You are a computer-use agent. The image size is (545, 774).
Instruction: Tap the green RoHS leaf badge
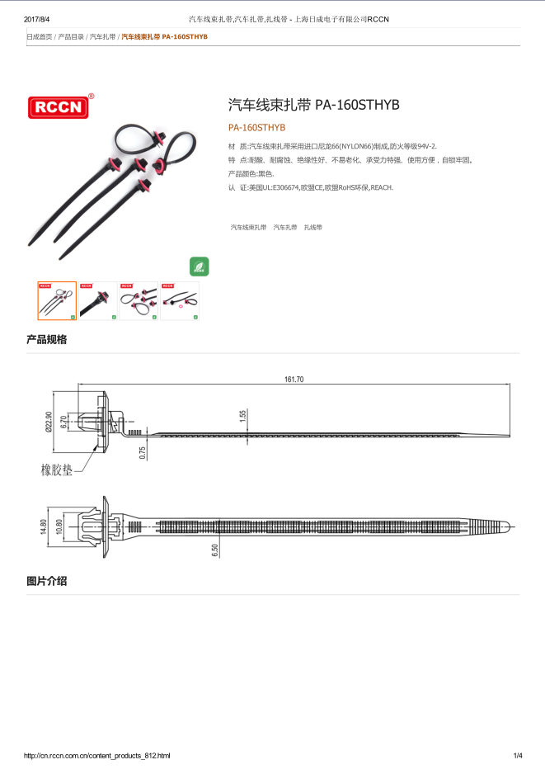pyautogui.click(x=199, y=266)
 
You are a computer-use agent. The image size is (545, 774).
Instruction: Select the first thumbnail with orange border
pyautogui.click(x=57, y=300)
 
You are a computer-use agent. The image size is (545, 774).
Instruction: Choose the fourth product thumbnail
pyautogui.click(x=179, y=300)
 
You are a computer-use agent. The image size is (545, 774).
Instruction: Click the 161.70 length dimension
pyautogui.click(x=294, y=380)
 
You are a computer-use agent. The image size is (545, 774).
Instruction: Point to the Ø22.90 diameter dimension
pyautogui.click(x=49, y=422)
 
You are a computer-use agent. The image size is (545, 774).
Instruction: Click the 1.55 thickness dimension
pyautogui.click(x=243, y=417)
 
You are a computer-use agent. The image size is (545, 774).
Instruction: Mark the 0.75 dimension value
pyautogui.click(x=143, y=452)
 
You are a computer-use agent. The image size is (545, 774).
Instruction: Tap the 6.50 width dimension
pyautogui.click(x=215, y=550)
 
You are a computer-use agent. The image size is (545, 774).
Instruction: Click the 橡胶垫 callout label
pyautogui.click(x=57, y=470)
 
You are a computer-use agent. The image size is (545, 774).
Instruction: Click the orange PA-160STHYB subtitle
pyautogui.click(x=256, y=128)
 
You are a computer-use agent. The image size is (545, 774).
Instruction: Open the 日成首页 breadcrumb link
pyautogui.click(x=40, y=37)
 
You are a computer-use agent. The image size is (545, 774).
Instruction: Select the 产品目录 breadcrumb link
pyautogui.click(x=71, y=37)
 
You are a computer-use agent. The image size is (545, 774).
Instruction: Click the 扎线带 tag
pyautogui.click(x=313, y=226)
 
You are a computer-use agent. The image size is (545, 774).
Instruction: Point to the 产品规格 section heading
pyautogui.click(x=46, y=339)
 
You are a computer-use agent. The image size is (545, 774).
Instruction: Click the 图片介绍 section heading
pyautogui.click(x=46, y=581)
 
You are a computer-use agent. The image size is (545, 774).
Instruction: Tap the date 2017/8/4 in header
pyautogui.click(x=38, y=18)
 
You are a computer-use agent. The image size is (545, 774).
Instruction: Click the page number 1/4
pyautogui.click(x=518, y=755)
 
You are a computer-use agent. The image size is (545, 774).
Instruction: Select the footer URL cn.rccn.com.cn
pyautogui.click(x=97, y=755)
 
